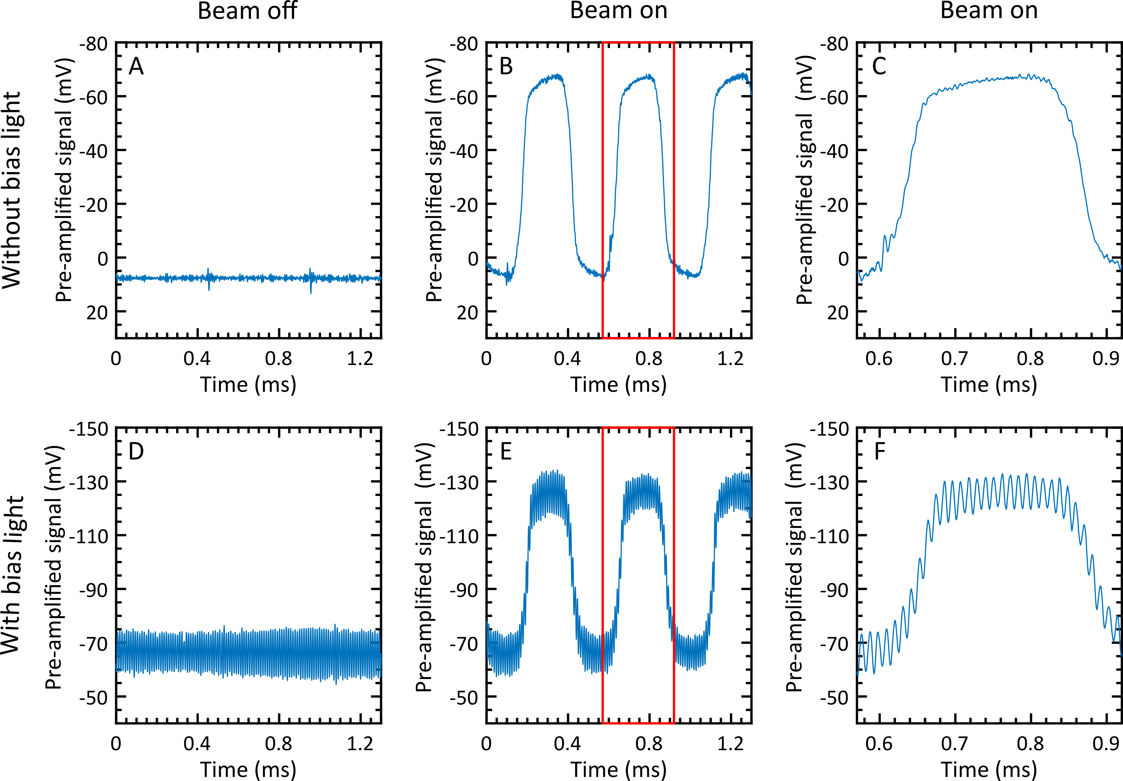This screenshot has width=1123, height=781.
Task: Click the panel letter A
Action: point(136,66)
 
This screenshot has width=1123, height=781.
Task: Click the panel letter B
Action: point(506,66)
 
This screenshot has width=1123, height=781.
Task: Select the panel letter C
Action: point(879,66)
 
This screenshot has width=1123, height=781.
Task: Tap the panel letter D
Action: point(136,451)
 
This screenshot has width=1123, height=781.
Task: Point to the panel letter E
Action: point(506,451)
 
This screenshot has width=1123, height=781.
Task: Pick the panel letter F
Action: point(879,451)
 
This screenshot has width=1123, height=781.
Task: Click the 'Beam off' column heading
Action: point(247,11)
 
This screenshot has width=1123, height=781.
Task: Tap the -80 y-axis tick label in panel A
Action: point(94,44)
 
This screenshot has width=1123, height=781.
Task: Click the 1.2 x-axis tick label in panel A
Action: point(360,359)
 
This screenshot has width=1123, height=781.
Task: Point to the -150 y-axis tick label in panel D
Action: point(88,429)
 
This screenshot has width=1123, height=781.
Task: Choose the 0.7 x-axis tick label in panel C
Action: point(954,359)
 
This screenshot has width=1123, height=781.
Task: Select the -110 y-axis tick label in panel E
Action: point(459,536)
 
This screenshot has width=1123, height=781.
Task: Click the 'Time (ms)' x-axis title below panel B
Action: point(619,385)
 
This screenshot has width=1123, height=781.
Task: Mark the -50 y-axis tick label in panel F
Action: point(835,697)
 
